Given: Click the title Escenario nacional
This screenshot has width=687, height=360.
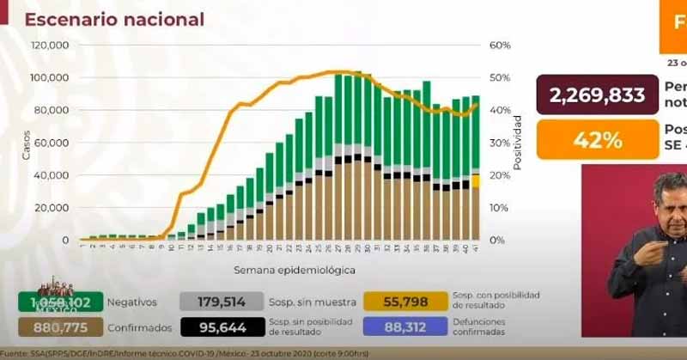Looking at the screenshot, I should (114, 19).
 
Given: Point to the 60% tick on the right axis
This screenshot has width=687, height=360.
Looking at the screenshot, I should (501, 45).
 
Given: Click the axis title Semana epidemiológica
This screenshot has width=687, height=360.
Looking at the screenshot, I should (293, 270).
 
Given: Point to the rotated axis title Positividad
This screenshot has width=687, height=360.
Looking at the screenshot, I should (518, 140).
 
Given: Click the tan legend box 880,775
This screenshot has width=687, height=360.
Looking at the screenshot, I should (59, 327).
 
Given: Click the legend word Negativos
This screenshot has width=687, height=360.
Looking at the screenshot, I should (134, 302).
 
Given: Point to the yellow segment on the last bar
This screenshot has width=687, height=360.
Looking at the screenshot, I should (476, 180).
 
